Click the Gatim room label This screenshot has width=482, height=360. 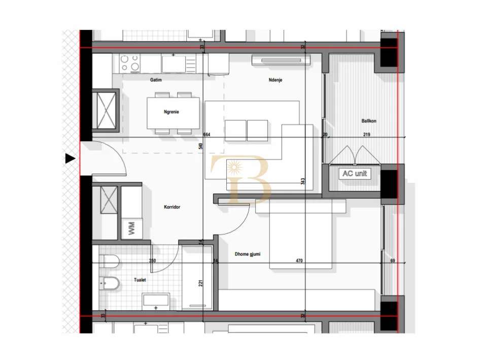(155, 80)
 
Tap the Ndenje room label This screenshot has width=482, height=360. (275, 80)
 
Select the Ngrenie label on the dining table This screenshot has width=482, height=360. (172, 112)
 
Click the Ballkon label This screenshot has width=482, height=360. (369, 121)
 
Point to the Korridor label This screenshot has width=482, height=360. (172, 207)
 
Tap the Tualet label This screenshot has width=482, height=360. (140, 280)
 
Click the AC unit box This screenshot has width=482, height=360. (355, 174)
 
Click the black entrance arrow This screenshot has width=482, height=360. (70, 159)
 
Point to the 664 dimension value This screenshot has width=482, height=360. (206, 135)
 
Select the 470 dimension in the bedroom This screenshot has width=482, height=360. (299, 261)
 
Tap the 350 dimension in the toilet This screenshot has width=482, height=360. (152, 261)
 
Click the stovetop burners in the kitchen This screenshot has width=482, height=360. (130, 63)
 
